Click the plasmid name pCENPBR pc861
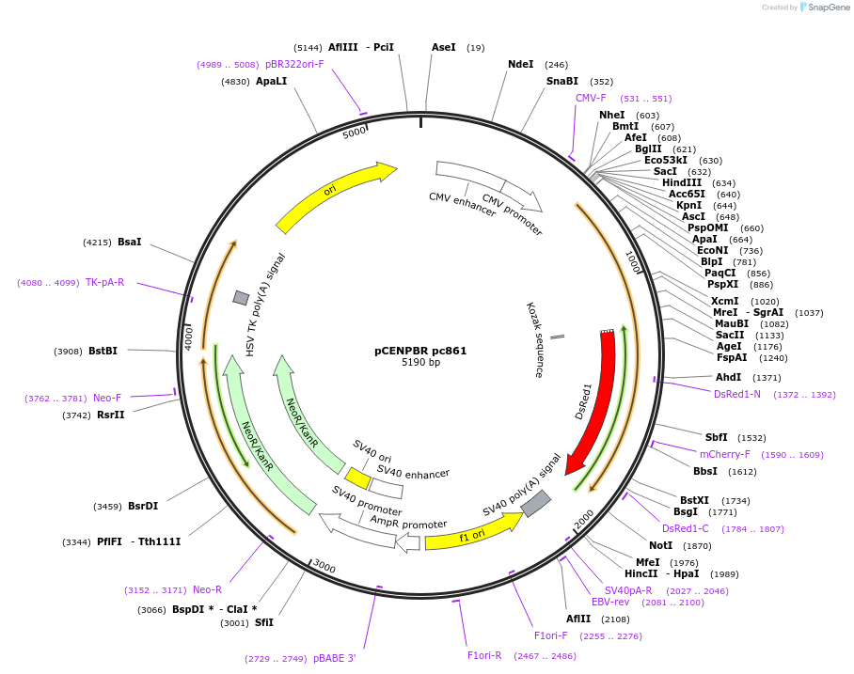(x=420, y=351)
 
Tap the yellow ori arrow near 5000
(x=335, y=195)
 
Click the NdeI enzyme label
(x=520, y=65)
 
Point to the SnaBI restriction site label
(x=562, y=82)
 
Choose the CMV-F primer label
(x=591, y=98)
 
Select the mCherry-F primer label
(x=725, y=454)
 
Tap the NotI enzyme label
(x=661, y=545)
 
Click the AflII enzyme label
(x=578, y=619)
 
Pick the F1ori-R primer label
(x=484, y=655)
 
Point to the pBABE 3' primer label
(x=335, y=658)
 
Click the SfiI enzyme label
(x=264, y=622)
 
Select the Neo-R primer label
(x=207, y=589)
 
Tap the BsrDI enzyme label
(x=143, y=506)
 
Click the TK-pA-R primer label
(x=104, y=282)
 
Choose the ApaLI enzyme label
(x=272, y=82)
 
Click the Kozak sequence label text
(x=535, y=340)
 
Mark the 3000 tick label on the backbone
(x=324, y=566)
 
